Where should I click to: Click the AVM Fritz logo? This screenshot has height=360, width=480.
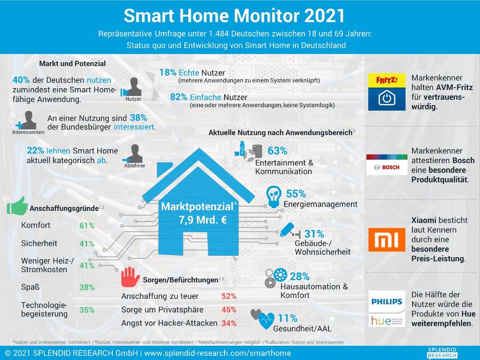point(386,92)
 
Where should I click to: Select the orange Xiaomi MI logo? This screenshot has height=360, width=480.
point(386,240)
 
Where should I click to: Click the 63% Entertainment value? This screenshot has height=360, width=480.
point(277,151)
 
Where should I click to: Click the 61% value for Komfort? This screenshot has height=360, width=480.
point(87,225)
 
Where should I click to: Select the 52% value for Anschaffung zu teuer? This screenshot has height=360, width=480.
point(229,296)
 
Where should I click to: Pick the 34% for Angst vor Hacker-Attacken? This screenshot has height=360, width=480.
point(229,323)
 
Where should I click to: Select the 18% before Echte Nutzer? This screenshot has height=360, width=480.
point(168,72)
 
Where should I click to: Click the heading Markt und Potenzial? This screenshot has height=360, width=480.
point(72,63)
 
